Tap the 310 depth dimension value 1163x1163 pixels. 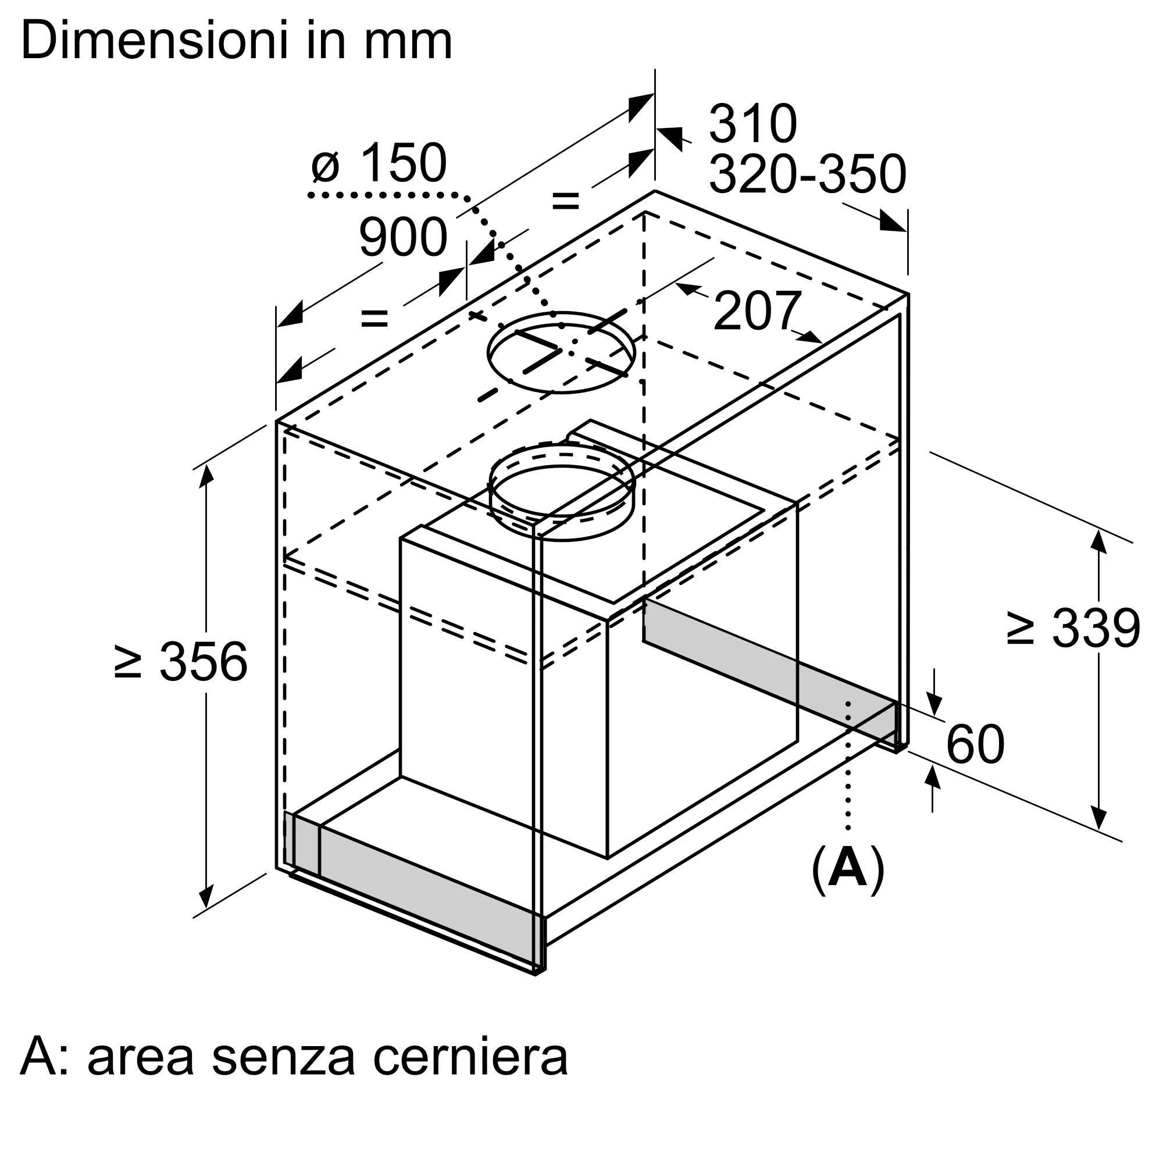(753, 123)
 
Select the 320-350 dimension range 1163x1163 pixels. (807, 174)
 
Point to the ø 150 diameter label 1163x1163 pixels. (379, 163)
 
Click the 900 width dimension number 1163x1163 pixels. (404, 237)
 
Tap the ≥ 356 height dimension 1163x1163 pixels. (181, 662)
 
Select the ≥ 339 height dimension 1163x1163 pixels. (1073, 629)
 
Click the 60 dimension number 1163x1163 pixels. (975, 744)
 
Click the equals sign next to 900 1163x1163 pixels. (374, 317)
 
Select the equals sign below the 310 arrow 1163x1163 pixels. (565, 200)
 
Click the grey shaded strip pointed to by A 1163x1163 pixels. (770, 674)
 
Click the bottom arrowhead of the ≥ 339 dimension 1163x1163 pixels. (1099, 819)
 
